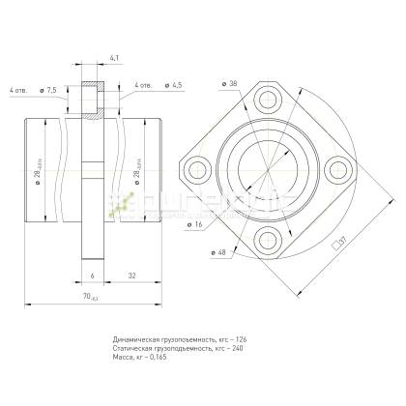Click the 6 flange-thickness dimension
[92, 275]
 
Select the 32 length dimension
[130, 275]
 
